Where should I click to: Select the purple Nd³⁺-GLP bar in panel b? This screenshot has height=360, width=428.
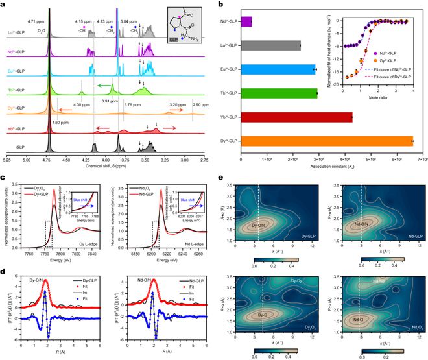[246, 21]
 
